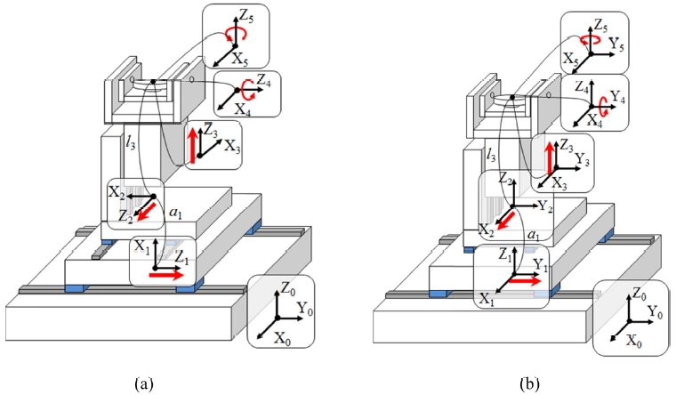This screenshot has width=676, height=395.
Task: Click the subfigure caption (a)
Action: point(143,383)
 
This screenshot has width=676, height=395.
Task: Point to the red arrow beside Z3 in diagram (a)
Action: point(189,147)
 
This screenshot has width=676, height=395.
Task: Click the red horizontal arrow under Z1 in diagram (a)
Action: point(163,277)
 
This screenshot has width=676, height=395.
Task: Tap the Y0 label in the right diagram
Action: point(656,311)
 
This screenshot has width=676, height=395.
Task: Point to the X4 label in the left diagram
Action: point(242,108)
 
